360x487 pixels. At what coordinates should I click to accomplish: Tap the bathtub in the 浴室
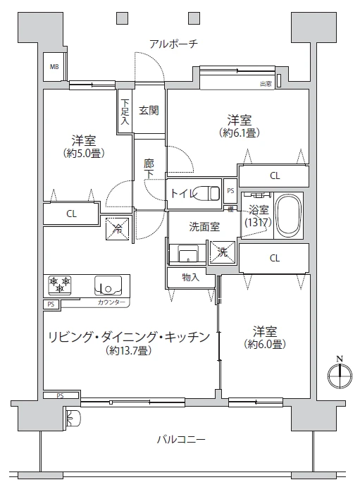coord(289,216)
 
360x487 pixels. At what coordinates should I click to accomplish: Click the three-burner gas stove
coord(59,285)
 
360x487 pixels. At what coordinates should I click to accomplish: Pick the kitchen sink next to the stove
coord(108,285)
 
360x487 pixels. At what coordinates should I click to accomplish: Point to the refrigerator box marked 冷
coord(118,229)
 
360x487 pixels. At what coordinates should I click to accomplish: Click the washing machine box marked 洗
coord(222,252)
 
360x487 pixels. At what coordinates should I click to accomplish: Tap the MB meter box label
coord(54,66)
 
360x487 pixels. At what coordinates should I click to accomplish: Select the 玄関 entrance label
coord(149,110)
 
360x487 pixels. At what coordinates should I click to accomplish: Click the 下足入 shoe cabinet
coord(125,111)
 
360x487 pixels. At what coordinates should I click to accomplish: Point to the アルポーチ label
coord(173,44)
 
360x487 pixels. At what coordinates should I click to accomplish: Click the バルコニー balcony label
coord(181,439)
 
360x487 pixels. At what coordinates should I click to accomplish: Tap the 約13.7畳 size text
coord(128,351)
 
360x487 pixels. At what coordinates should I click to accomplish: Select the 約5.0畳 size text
coord(84,153)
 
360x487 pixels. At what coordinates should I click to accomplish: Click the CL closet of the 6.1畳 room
coord(273,175)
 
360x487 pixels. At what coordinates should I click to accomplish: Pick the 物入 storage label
coord(190,277)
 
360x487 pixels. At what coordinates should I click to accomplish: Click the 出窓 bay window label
coord(266,84)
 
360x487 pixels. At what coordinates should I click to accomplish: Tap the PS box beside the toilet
coord(230,190)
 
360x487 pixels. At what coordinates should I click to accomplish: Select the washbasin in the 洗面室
coord(188,254)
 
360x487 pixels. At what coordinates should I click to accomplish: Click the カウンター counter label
coord(111,302)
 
